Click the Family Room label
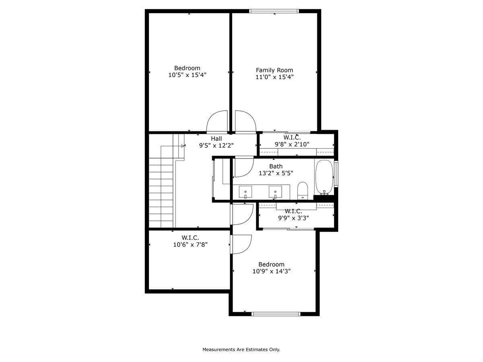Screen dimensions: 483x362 tap(274, 70)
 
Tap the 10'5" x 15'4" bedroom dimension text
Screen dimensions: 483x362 tap(187, 75)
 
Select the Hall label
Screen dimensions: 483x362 tap(216, 139)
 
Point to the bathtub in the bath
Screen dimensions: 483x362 tap(324, 177)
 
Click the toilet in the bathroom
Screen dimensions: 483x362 tap(303, 191)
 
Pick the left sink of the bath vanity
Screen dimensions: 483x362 tap(246, 192)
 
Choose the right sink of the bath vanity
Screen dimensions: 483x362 tap(275, 192)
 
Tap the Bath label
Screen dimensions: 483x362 tap(276, 167)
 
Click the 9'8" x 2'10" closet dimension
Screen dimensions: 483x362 tap(292, 144)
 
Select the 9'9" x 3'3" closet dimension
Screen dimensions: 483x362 tap(293, 218)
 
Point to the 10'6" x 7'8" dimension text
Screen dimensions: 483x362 tap(190, 245)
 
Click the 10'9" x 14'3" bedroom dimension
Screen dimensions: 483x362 tap(271, 271)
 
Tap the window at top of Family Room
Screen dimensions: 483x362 tap(274, 11)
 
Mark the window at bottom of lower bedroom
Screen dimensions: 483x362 tap(276, 314)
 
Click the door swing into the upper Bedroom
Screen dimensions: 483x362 tap(217, 122)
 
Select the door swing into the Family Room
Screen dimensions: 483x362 tap(246, 122)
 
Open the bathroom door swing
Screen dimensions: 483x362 tap(244, 167)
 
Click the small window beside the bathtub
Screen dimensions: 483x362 tap(336, 174)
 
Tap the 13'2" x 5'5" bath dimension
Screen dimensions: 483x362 tap(276, 173)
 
